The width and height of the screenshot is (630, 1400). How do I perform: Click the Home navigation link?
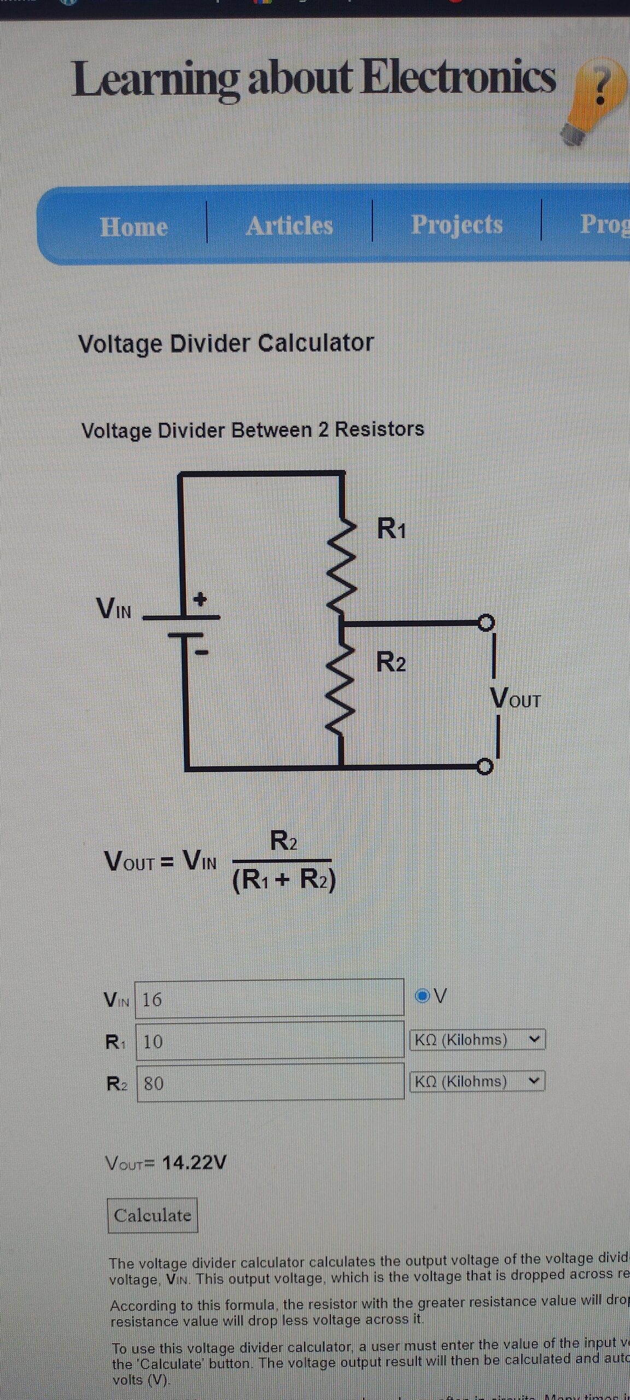134,226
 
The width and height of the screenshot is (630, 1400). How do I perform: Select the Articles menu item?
289,225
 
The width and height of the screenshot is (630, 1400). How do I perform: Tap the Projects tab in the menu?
457,224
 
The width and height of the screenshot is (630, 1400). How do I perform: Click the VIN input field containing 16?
269,999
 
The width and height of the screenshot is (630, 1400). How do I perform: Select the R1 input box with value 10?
270,1040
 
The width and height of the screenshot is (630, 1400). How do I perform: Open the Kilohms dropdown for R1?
477,1039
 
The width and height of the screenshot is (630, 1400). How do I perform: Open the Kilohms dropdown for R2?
477,1081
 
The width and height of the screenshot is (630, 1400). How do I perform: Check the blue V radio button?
422,996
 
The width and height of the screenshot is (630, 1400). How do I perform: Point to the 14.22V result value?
194,1162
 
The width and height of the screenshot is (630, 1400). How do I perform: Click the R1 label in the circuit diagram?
392,529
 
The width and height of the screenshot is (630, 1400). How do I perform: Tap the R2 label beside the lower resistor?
391,662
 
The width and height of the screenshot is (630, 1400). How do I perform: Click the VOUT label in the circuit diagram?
515,698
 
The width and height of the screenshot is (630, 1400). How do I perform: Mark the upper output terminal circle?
486,622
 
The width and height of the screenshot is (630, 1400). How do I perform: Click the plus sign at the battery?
201,599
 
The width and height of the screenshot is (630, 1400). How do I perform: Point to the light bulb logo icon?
595,101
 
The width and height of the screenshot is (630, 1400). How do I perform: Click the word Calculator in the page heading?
316,343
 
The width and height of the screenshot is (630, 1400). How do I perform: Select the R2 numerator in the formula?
284,841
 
